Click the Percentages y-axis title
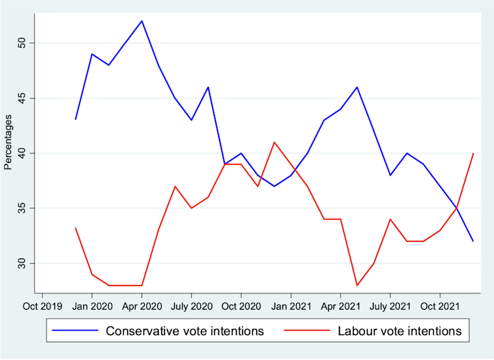click(8, 142)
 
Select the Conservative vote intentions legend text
click(185, 331)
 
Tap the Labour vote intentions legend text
click(400, 331)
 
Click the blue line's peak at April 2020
click(142, 21)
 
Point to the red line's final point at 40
click(473, 153)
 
